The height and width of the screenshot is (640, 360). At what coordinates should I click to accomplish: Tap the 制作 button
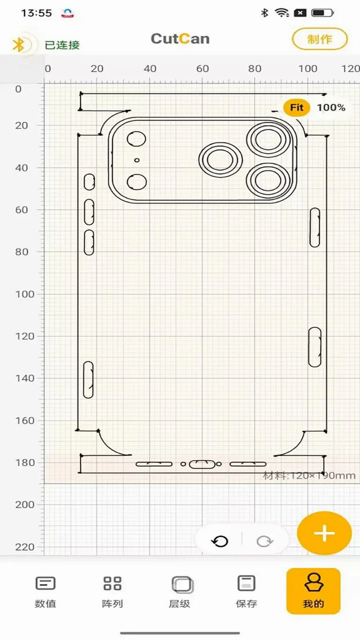320,39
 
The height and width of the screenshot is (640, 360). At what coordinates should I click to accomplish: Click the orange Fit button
296,108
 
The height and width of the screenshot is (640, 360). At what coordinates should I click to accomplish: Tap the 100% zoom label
331,108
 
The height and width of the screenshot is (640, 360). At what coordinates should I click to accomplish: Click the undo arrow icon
220,541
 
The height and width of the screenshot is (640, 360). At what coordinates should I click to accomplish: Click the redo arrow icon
265,541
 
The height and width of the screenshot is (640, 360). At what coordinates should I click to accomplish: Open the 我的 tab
314,591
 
